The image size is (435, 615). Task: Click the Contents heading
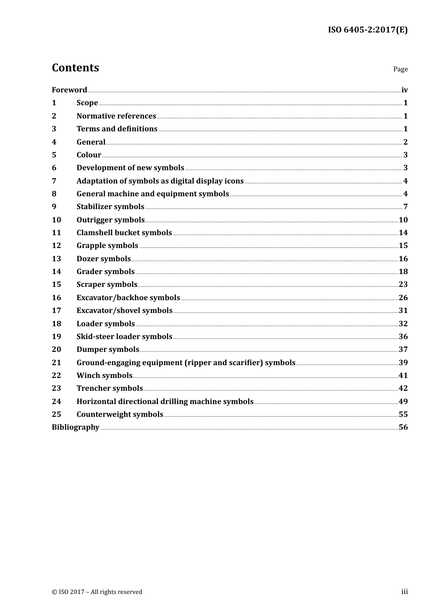point(75,68)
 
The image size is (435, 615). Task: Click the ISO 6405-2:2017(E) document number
point(367,30)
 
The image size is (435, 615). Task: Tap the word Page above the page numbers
point(400,69)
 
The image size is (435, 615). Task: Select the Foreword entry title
point(69,90)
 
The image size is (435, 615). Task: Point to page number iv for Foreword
point(404,90)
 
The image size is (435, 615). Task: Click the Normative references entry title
point(116,116)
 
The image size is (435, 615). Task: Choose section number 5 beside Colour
point(54,155)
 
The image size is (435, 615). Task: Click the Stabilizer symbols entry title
point(110,207)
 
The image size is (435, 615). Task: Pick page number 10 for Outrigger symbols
point(403,220)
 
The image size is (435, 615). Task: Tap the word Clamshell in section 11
point(94,233)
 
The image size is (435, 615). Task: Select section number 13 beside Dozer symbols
point(56,259)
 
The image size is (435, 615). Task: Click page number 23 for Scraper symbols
point(403,285)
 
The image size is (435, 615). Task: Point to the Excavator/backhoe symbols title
point(128,298)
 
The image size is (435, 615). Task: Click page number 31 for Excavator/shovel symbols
point(403,311)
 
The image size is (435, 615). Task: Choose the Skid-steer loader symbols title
point(124,337)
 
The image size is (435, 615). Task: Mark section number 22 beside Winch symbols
point(56,376)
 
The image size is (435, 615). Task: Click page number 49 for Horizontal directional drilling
point(403,402)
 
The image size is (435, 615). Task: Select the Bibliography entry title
point(76,427)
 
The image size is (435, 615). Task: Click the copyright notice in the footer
point(97,592)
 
